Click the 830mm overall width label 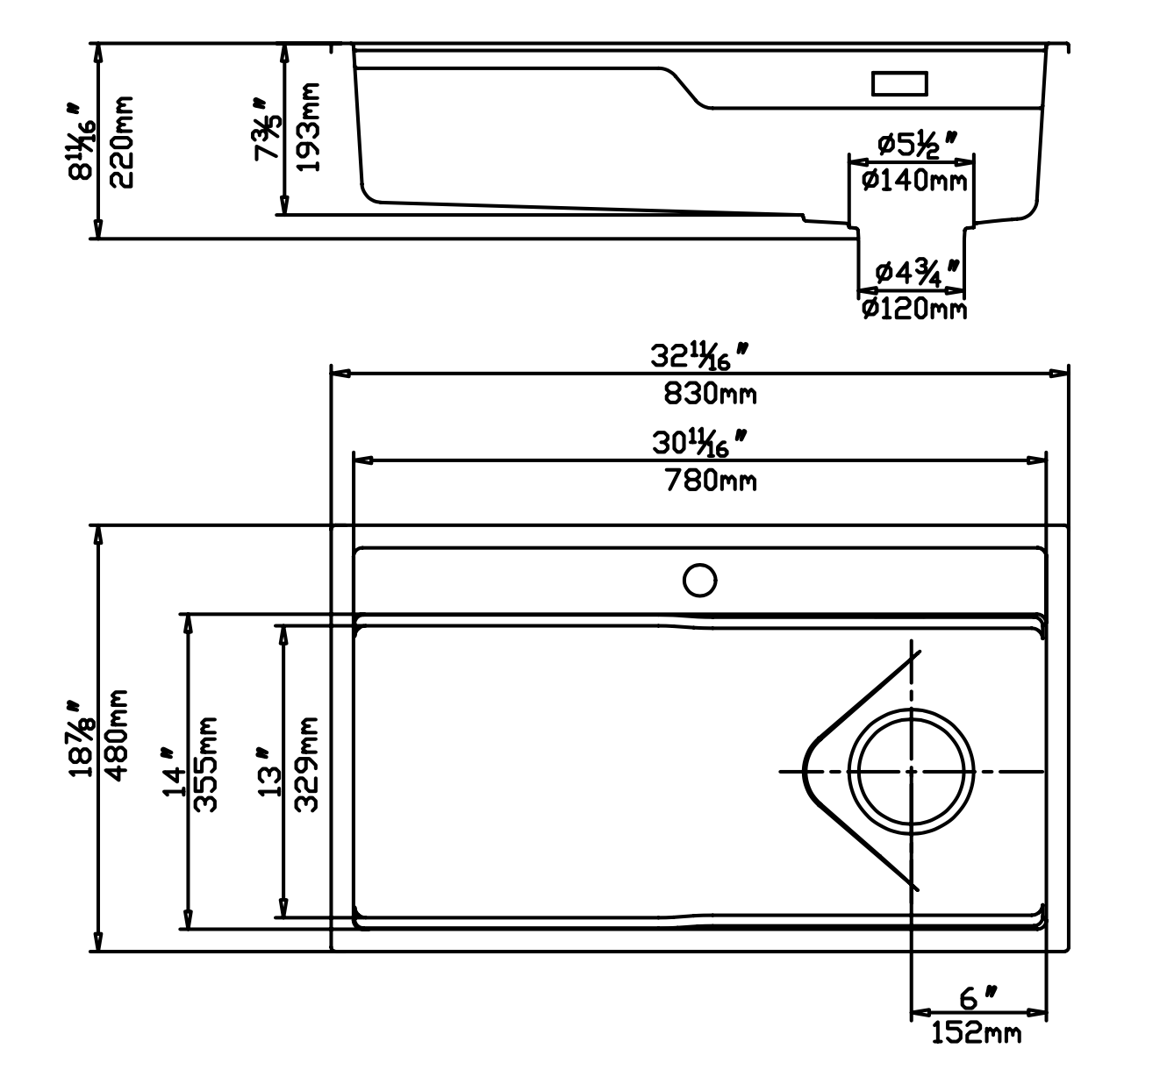point(710,394)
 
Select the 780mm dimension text point(710,480)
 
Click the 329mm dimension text point(304,765)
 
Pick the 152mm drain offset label point(976,1035)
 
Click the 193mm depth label point(307,127)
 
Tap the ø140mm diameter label point(913,181)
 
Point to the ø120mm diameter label point(913,309)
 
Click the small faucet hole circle point(699,580)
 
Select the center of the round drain point(912,771)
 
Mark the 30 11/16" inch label point(699,443)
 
